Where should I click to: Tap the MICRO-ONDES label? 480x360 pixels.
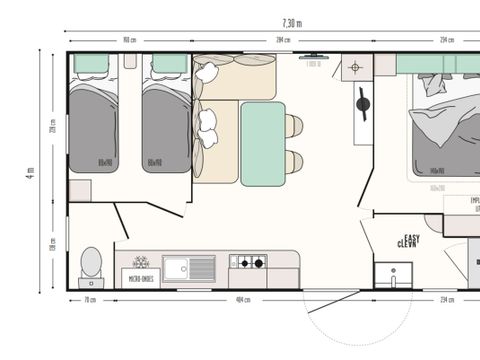(140, 280)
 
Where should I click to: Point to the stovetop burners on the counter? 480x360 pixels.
(248, 263)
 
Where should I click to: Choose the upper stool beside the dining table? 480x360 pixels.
(294, 126)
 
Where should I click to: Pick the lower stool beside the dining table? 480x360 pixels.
(294, 161)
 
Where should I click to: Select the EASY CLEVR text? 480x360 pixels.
(407, 241)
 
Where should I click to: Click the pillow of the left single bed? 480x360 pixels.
(92, 65)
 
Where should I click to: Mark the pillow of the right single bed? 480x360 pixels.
(167, 65)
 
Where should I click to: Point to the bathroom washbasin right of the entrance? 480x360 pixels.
(393, 273)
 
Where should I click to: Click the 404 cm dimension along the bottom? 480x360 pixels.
(242, 299)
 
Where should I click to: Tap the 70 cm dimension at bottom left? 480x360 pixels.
(91, 299)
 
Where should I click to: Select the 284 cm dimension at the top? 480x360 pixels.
(283, 41)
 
